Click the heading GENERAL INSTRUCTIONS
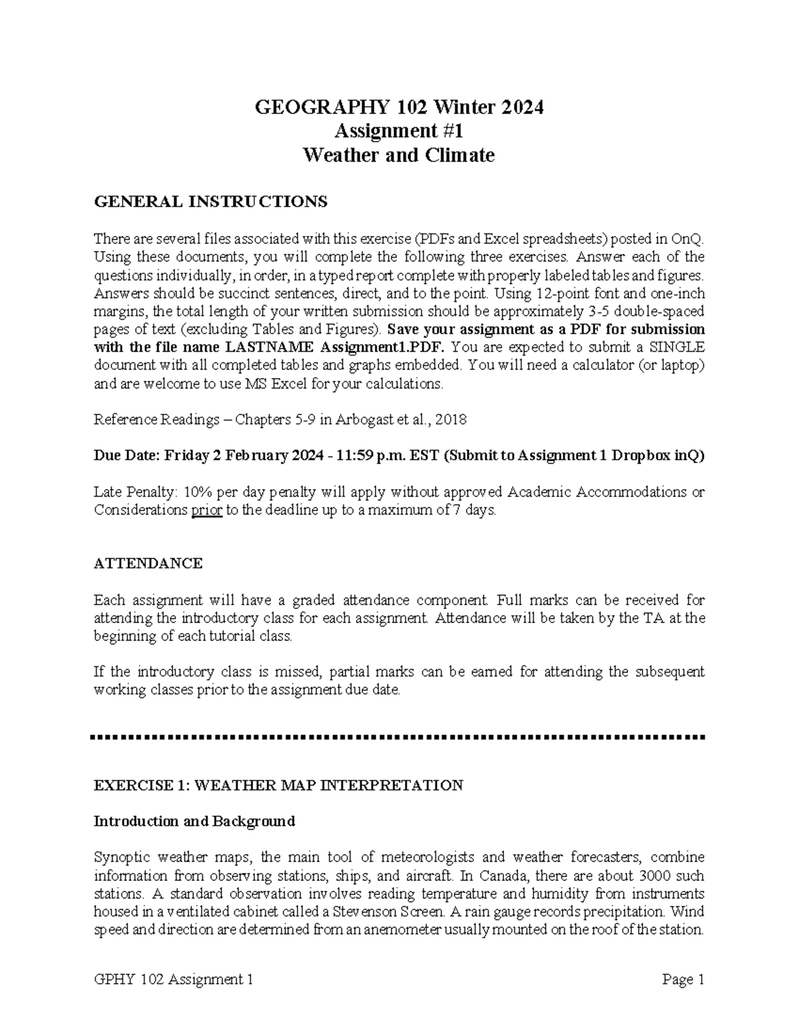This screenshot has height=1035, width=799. tap(210, 201)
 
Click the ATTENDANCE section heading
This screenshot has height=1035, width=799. tap(148, 563)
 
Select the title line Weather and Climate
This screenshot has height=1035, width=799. tap(399, 155)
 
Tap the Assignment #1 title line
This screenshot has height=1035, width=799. tap(399, 131)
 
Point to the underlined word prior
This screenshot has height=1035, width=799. tap(206, 511)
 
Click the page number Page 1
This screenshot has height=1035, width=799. tap(683, 980)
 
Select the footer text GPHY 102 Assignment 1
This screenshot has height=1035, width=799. tap(174, 980)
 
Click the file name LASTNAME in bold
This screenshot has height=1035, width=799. tap(271, 347)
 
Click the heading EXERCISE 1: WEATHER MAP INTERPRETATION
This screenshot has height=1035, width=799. tap(278, 785)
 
